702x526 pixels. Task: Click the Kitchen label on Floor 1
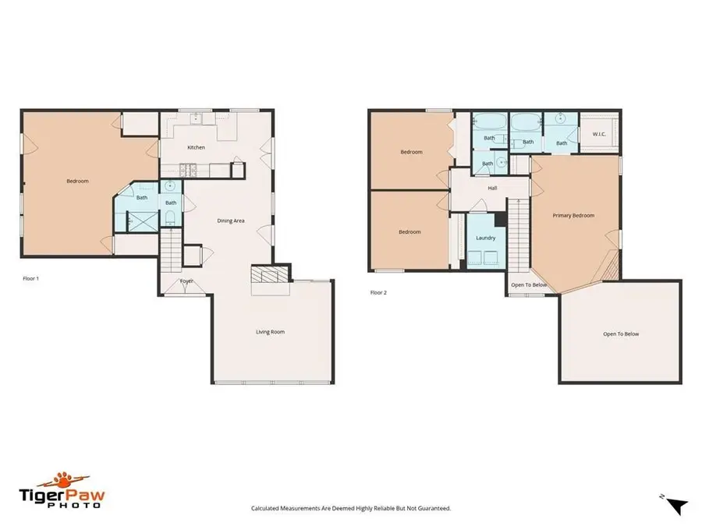point(196,147)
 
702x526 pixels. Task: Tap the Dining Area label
point(231,221)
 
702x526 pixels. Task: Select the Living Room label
point(270,332)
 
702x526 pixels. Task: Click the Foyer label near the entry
point(186,281)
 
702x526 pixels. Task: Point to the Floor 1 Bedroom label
point(77,181)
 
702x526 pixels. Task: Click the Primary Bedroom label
point(573,215)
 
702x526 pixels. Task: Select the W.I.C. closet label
point(599,133)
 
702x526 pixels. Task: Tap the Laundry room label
point(486,238)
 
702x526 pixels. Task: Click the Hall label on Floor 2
point(492,188)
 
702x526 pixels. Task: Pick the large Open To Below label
point(620,334)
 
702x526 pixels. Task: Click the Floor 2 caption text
point(378,293)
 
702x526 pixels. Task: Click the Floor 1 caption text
point(30,277)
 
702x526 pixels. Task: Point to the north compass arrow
point(678,505)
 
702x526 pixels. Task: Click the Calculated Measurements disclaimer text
point(351,508)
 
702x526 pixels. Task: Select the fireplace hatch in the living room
point(269,275)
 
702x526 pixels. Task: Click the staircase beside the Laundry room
point(518,233)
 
